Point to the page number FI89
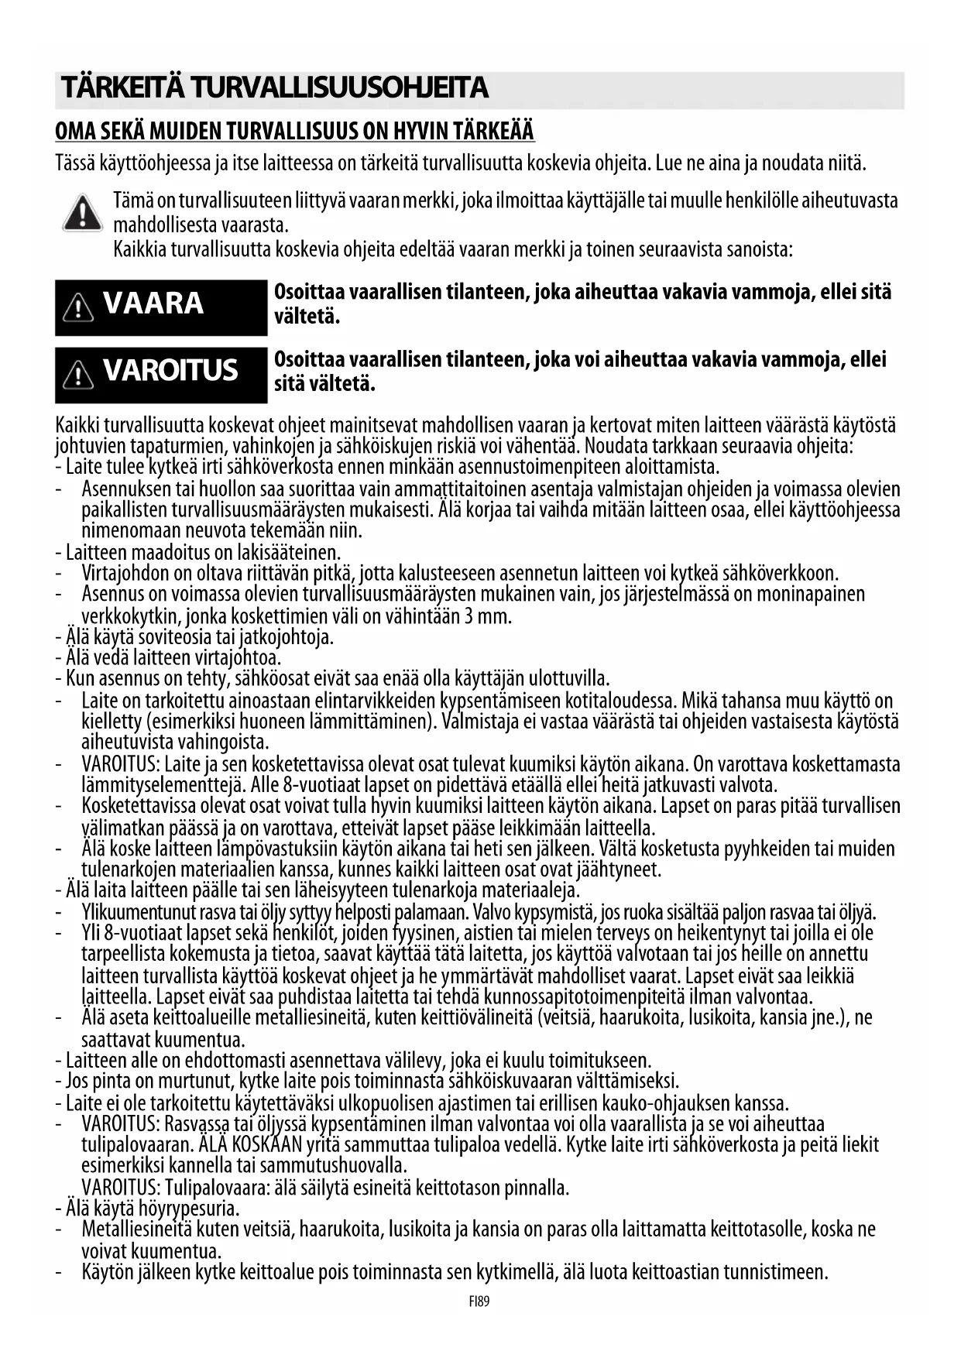click(x=479, y=1301)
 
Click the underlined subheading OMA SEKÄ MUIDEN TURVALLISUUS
click(x=294, y=131)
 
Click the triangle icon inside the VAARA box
click(x=79, y=308)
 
